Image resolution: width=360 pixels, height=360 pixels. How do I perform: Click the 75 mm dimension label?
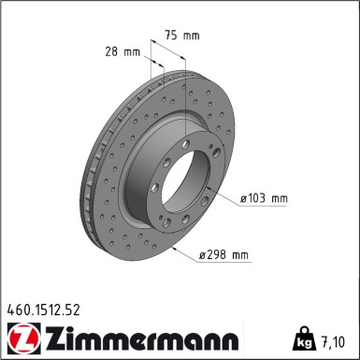tap(182, 36)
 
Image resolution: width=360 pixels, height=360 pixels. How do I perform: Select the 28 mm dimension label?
tap(122, 51)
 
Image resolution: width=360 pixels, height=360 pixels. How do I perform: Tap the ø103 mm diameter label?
tap(264, 198)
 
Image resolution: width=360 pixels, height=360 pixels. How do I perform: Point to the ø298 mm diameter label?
tap(223, 254)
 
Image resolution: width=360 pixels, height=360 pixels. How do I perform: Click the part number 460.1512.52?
tap(43, 310)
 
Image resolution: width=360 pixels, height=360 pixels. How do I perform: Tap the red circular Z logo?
tap(23, 338)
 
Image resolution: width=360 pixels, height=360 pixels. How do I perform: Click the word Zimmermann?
tap(143, 338)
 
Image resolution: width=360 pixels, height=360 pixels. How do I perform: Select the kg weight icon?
tap(305, 338)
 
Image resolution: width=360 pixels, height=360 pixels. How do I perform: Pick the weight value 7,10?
tap(333, 342)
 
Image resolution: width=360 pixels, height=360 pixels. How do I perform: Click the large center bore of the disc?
tap(185, 180)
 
